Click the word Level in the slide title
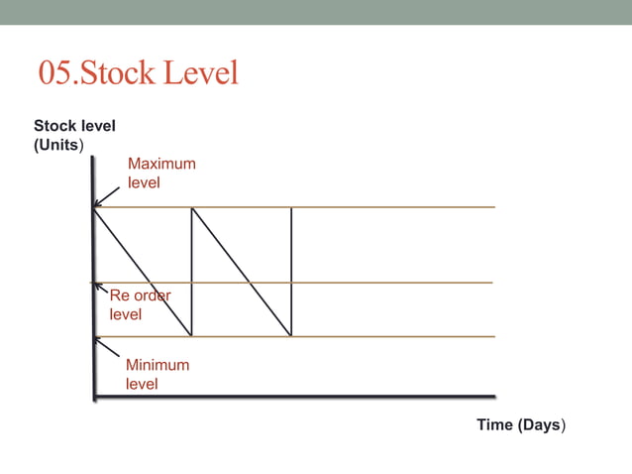click(204, 73)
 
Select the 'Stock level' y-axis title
click(74, 126)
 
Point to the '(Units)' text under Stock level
click(59, 145)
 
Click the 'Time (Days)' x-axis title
click(521, 424)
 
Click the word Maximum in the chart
click(161, 164)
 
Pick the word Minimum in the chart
click(157, 365)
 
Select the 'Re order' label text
click(140, 296)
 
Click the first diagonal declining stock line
click(142, 272)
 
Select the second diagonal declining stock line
click(241, 272)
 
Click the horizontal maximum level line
click(396, 207)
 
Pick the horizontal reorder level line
click(396, 283)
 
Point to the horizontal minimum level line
click(396, 337)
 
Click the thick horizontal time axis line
click(297, 398)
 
